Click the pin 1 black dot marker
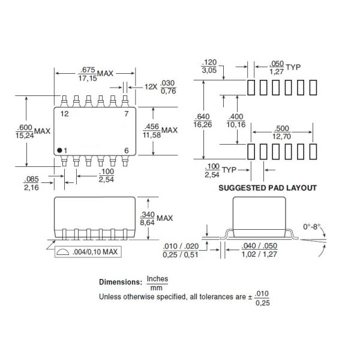[59, 149]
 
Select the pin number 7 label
[126, 113]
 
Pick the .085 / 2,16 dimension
[32, 184]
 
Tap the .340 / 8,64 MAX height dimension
[155, 218]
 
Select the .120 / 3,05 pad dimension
[209, 65]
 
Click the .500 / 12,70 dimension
[281, 132]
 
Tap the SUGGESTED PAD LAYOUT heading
[267, 188]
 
